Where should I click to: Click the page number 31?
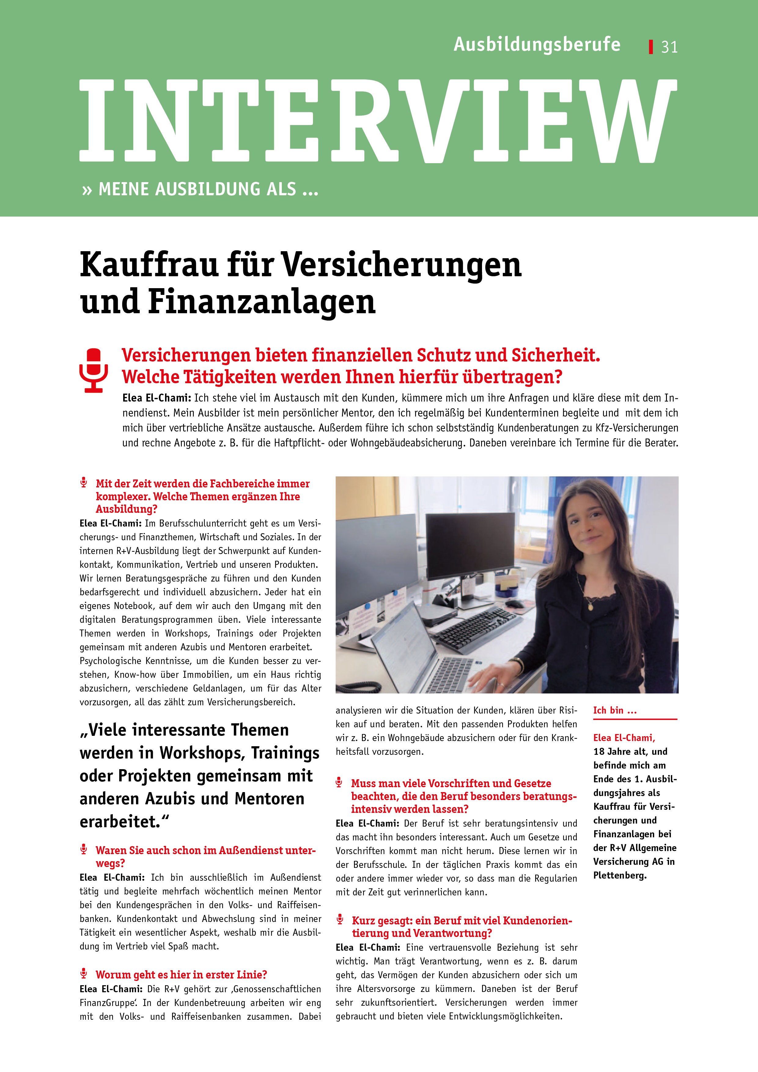tap(669, 47)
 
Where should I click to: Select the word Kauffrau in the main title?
tap(149, 265)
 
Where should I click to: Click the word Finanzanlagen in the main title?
tap(262, 302)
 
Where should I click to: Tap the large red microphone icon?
tap(94, 370)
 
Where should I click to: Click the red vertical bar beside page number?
tap(651, 47)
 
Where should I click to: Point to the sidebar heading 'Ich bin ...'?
tap(615, 710)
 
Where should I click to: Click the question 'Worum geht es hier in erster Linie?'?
tap(181, 975)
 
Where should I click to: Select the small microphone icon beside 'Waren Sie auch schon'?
tap(84, 849)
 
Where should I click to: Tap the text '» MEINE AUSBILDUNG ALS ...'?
tap(201, 189)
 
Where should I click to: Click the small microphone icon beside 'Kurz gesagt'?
tap(340, 919)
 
